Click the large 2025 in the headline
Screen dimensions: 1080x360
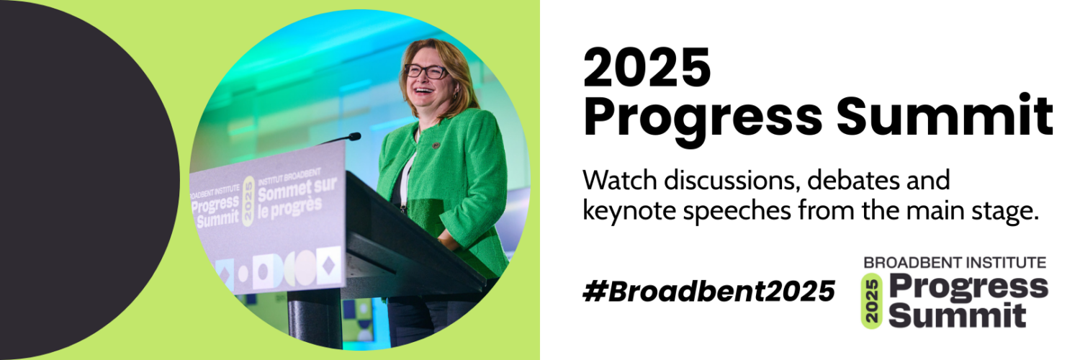tap(647, 67)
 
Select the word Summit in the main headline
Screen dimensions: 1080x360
tap(945, 116)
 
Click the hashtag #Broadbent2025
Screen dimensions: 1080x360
tap(708, 291)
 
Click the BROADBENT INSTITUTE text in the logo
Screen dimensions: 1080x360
tap(955, 263)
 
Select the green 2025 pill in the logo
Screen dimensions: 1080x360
tap(871, 301)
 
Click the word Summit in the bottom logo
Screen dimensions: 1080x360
tap(957, 315)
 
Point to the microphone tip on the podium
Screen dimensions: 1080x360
tap(355, 136)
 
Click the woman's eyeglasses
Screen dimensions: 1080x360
tap(426, 71)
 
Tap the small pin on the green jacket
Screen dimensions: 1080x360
tap(436, 145)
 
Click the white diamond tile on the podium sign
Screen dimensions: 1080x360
tap(328, 265)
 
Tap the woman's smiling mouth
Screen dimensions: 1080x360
tap(423, 90)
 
